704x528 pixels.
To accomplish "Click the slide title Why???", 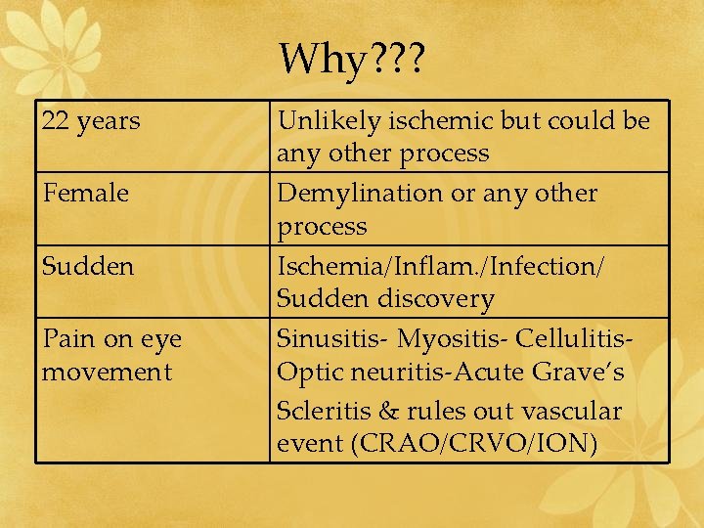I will tap(351, 60).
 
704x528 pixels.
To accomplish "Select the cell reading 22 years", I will tap(92, 122).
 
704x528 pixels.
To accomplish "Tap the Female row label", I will tap(86, 194).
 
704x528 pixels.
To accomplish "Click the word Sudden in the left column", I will tap(88, 266).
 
